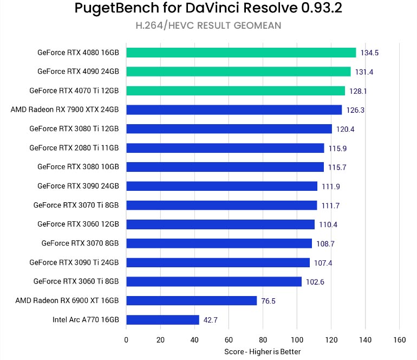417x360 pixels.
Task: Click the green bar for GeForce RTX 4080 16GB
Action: (241, 53)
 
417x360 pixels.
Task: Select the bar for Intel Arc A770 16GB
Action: (162, 320)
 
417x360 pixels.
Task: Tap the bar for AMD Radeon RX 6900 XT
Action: (191, 301)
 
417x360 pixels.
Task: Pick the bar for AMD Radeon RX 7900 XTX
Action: (234, 110)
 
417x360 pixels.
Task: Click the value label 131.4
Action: (363, 72)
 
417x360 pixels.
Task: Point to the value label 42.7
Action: (210, 320)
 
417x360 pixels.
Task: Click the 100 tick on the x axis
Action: (297, 340)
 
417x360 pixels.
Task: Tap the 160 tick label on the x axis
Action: (399, 340)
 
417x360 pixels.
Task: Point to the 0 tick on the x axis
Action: (126, 340)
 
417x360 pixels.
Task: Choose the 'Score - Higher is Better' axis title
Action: (262, 352)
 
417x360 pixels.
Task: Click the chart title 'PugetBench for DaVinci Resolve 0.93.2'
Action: (208, 9)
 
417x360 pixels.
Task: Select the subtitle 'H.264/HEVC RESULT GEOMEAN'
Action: (208, 25)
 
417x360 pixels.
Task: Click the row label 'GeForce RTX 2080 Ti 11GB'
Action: (74, 148)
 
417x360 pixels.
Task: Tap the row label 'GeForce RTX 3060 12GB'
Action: (78, 224)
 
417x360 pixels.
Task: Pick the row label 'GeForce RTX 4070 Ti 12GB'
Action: (74, 91)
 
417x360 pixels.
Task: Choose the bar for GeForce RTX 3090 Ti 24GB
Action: (218, 262)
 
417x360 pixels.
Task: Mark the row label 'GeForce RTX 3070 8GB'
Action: (80, 243)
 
